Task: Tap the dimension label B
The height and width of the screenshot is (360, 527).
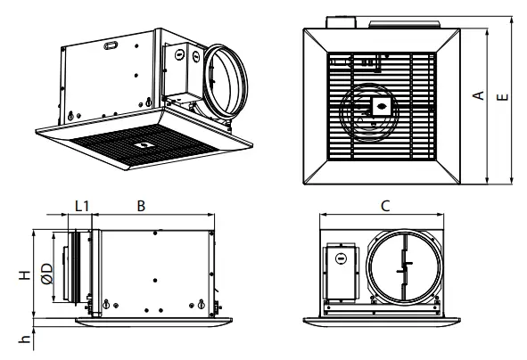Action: pos(141,206)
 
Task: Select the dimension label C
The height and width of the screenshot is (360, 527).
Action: pos(384,206)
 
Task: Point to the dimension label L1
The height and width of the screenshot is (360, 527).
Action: pos(81,206)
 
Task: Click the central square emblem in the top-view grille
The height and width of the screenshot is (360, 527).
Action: pos(378,105)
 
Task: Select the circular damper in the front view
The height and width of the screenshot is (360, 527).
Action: pos(404,265)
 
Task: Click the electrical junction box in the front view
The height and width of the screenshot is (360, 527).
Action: pos(340,273)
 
